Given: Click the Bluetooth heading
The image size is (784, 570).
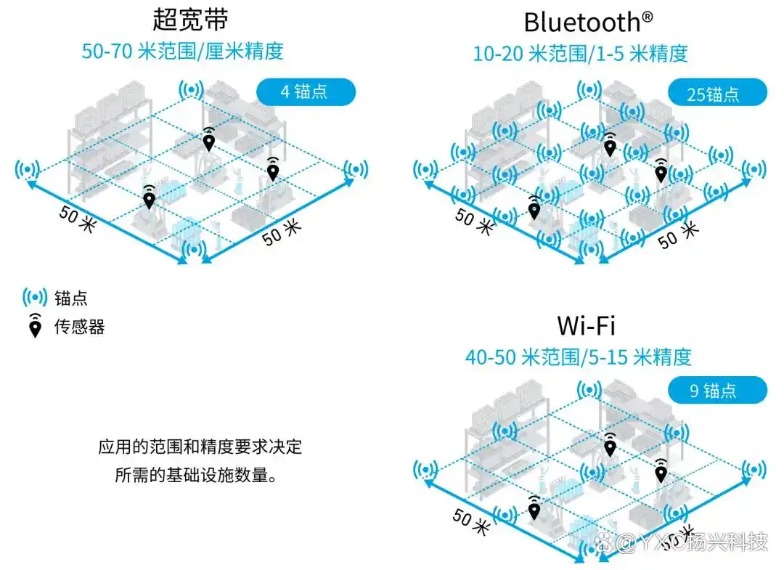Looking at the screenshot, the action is coord(588,22).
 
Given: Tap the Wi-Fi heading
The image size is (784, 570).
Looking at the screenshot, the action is coord(586,325).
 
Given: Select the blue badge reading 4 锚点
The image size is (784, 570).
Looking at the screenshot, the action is coord(306,92).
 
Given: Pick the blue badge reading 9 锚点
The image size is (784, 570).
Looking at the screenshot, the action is coord(717,390).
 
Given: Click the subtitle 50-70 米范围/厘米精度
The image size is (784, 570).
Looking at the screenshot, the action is coord(182,51).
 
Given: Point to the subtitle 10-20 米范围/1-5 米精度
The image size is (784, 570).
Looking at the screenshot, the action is coord(581,54).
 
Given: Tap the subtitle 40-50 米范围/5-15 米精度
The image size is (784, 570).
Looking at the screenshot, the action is coord(579,357).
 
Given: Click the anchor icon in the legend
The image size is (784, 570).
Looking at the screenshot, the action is coord(35,298).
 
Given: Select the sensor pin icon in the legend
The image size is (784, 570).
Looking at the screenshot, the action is coord(35,327).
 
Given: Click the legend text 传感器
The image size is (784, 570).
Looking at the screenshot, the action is coord(80,327).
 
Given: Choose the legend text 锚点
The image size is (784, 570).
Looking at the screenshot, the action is coord(71,298).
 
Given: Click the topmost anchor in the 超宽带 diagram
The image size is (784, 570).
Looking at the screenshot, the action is coord(192,90).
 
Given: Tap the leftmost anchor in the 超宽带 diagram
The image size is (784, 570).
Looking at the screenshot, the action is coord(28,169).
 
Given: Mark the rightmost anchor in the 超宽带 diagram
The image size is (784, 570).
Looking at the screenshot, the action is coord(356,169).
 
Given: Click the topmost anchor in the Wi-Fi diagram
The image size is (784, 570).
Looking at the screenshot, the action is coord(589,389).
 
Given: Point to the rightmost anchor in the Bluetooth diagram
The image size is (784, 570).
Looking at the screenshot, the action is coord(754,169).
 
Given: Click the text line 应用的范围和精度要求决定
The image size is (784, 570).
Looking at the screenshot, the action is coord(200,447).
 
